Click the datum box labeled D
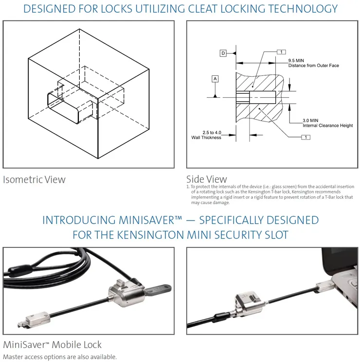pyautogui.click(x=223, y=53)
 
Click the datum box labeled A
pyautogui.click(x=215, y=79)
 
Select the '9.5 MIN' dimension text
pyautogui.click(x=296, y=60)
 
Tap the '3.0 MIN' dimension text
pyautogui.click(x=310, y=121)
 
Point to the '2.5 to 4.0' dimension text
pyautogui.click(x=212, y=133)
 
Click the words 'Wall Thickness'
pyautogui.click(x=206, y=138)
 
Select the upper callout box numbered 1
pyautogui.click(x=281, y=52)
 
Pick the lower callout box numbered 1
pyautogui.click(x=306, y=138)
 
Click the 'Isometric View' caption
pyautogui.click(x=34, y=180)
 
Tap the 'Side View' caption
pyautogui.click(x=207, y=179)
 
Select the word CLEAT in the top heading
pyautogui.click(x=202, y=9)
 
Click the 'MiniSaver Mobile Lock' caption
pyautogui.click(x=52, y=345)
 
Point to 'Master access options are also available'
pyautogui.click(x=60, y=357)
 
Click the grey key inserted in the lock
pyautogui.click(x=159, y=289)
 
